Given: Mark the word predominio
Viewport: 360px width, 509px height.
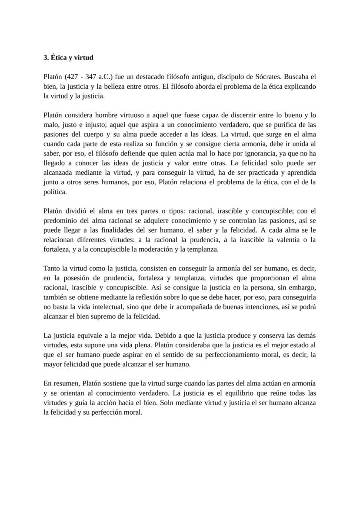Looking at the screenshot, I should [x=61, y=220].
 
